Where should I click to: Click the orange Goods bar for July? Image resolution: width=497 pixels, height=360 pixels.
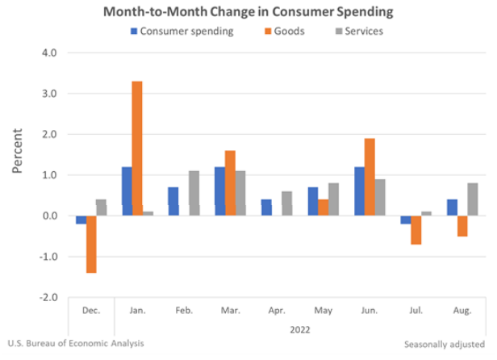pyautogui.click(x=416, y=230)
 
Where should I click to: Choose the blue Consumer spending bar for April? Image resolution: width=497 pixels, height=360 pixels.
pyautogui.click(x=266, y=207)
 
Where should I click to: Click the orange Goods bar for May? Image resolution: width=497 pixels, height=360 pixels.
pyautogui.click(x=323, y=207)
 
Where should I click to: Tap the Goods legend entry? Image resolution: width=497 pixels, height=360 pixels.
pyautogui.click(x=277, y=31)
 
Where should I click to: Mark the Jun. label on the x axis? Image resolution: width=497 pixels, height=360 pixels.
pyautogui.click(x=370, y=310)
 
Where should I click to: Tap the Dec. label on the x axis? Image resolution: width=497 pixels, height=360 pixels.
pyautogui.click(x=91, y=310)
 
